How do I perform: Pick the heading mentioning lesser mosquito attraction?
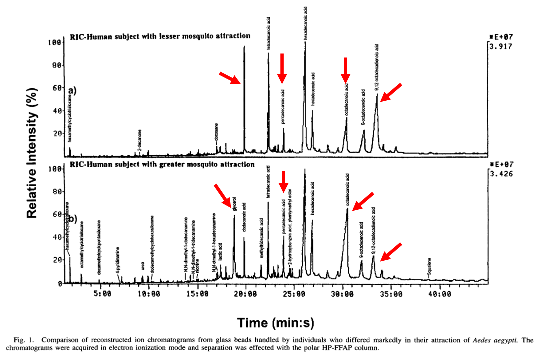[x=160, y=36]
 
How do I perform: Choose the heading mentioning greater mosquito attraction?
[x=162, y=164]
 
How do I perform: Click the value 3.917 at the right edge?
[x=500, y=47]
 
